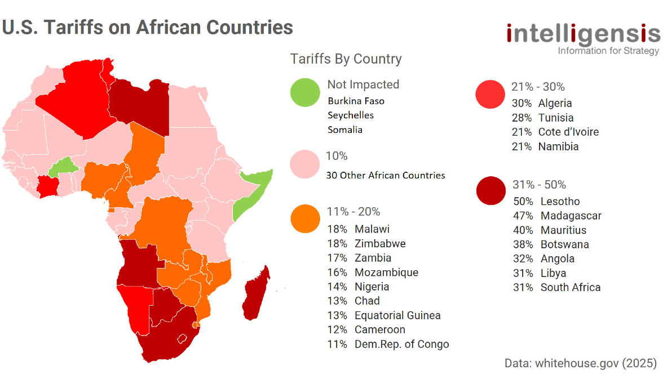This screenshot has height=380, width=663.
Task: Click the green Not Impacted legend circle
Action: (305, 92)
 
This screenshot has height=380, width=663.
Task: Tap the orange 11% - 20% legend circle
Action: (305, 219)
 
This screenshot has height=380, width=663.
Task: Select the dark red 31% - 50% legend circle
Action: (491, 191)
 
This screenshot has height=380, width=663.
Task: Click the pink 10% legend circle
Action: (305, 164)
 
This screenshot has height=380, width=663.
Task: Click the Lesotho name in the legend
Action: (560, 202)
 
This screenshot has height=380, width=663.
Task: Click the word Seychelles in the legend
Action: (351, 115)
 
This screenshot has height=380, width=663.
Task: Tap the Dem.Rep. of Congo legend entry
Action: (401, 344)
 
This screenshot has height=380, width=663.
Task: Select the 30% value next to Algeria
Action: (521, 103)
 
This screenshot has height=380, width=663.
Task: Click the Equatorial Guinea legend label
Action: (397, 315)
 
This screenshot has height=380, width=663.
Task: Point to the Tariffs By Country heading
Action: (346, 59)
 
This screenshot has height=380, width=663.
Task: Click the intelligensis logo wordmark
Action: (583, 34)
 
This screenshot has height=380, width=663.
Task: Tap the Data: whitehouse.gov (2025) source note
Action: (581, 363)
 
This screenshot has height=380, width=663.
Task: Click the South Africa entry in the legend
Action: (570, 287)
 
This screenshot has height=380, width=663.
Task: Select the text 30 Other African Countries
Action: (386, 175)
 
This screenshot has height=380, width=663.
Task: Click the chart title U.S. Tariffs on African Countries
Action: (148, 27)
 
